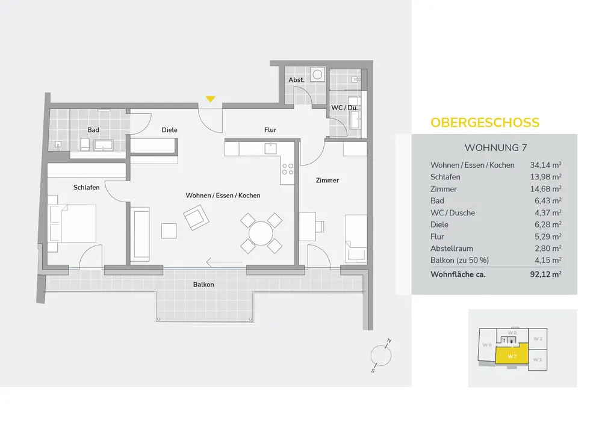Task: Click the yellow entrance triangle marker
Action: click(210, 99)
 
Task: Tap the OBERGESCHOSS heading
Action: click(485, 123)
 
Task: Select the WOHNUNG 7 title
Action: click(496, 147)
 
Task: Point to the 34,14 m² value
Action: click(546, 165)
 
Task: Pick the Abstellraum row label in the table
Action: click(451, 248)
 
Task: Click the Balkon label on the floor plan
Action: click(203, 285)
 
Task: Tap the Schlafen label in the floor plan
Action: click(86, 188)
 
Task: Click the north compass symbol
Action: click(380, 354)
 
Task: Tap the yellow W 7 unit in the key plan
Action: click(512, 356)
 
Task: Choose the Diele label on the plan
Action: click(169, 130)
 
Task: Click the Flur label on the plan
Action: click(270, 130)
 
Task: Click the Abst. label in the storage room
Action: click(296, 80)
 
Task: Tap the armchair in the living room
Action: click(196, 218)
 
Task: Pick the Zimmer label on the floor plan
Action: click(327, 181)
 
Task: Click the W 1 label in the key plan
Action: click(537, 360)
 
